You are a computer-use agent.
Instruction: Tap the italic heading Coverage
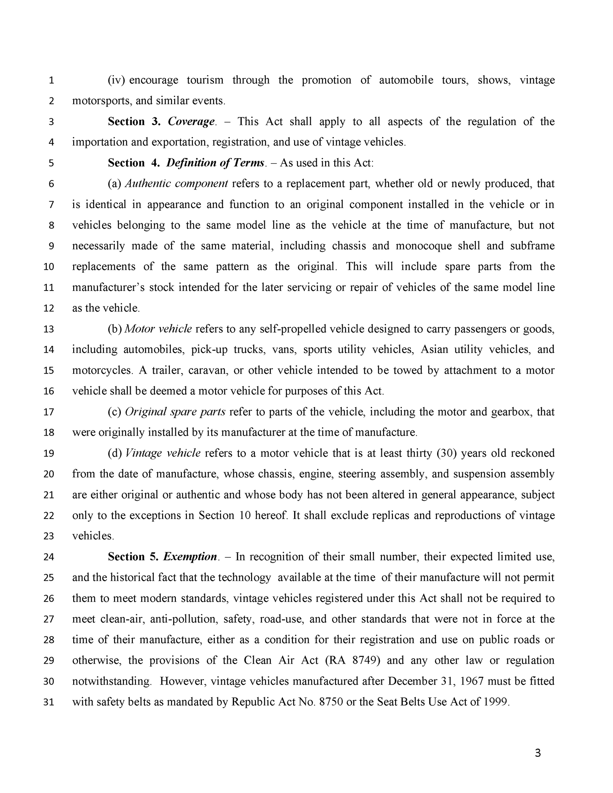click(191, 122)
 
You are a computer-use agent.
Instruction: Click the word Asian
click(434, 350)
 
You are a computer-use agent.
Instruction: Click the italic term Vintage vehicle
click(163, 453)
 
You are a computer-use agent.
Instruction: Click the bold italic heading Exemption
click(190, 557)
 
